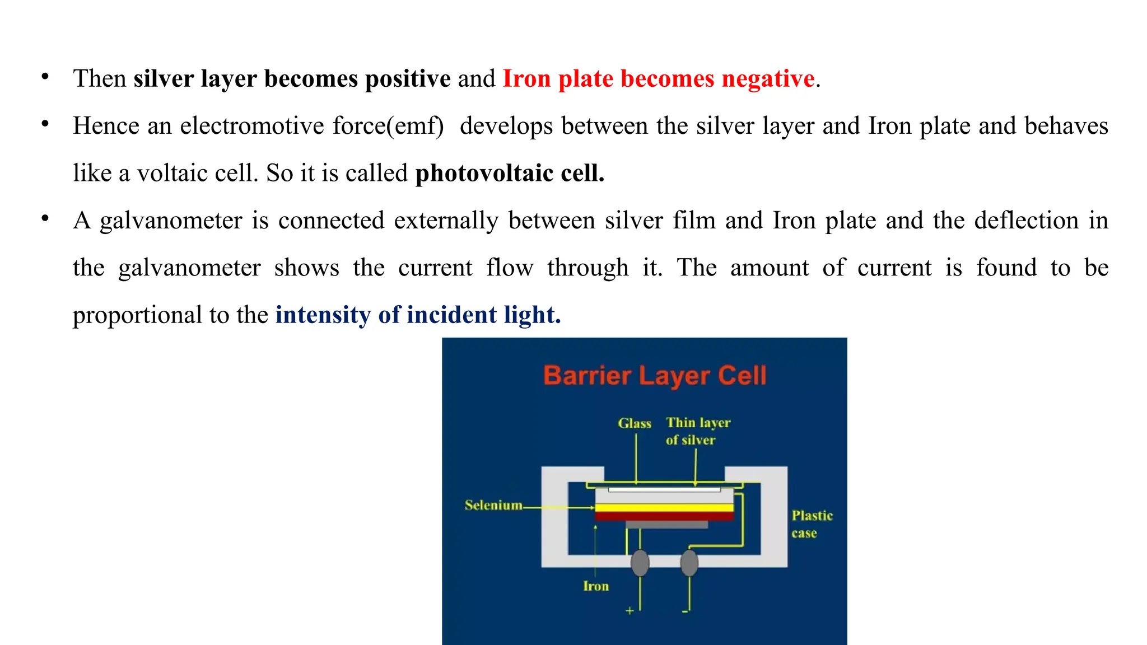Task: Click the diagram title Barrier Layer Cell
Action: (655, 375)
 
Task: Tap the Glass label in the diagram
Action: (635, 423)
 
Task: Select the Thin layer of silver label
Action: (698, 431)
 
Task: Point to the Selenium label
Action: (493, 505)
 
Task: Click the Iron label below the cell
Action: (595, 586)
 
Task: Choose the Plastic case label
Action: (812, 524)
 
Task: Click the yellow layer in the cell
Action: (664, 508)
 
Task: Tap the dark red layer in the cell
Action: (664, 516)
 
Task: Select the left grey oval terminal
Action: (640, 563)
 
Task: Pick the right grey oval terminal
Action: (689, 563)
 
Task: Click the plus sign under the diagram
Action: (630, 611)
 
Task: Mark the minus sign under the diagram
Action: (684, 611)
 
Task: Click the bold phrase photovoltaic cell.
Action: (510, 173)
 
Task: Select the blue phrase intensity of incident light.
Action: (418, 315)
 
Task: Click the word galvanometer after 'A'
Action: (171, 221)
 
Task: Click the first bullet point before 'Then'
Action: (45, 77)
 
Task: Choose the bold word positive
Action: (408, 78)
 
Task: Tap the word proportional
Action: (137, 315)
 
